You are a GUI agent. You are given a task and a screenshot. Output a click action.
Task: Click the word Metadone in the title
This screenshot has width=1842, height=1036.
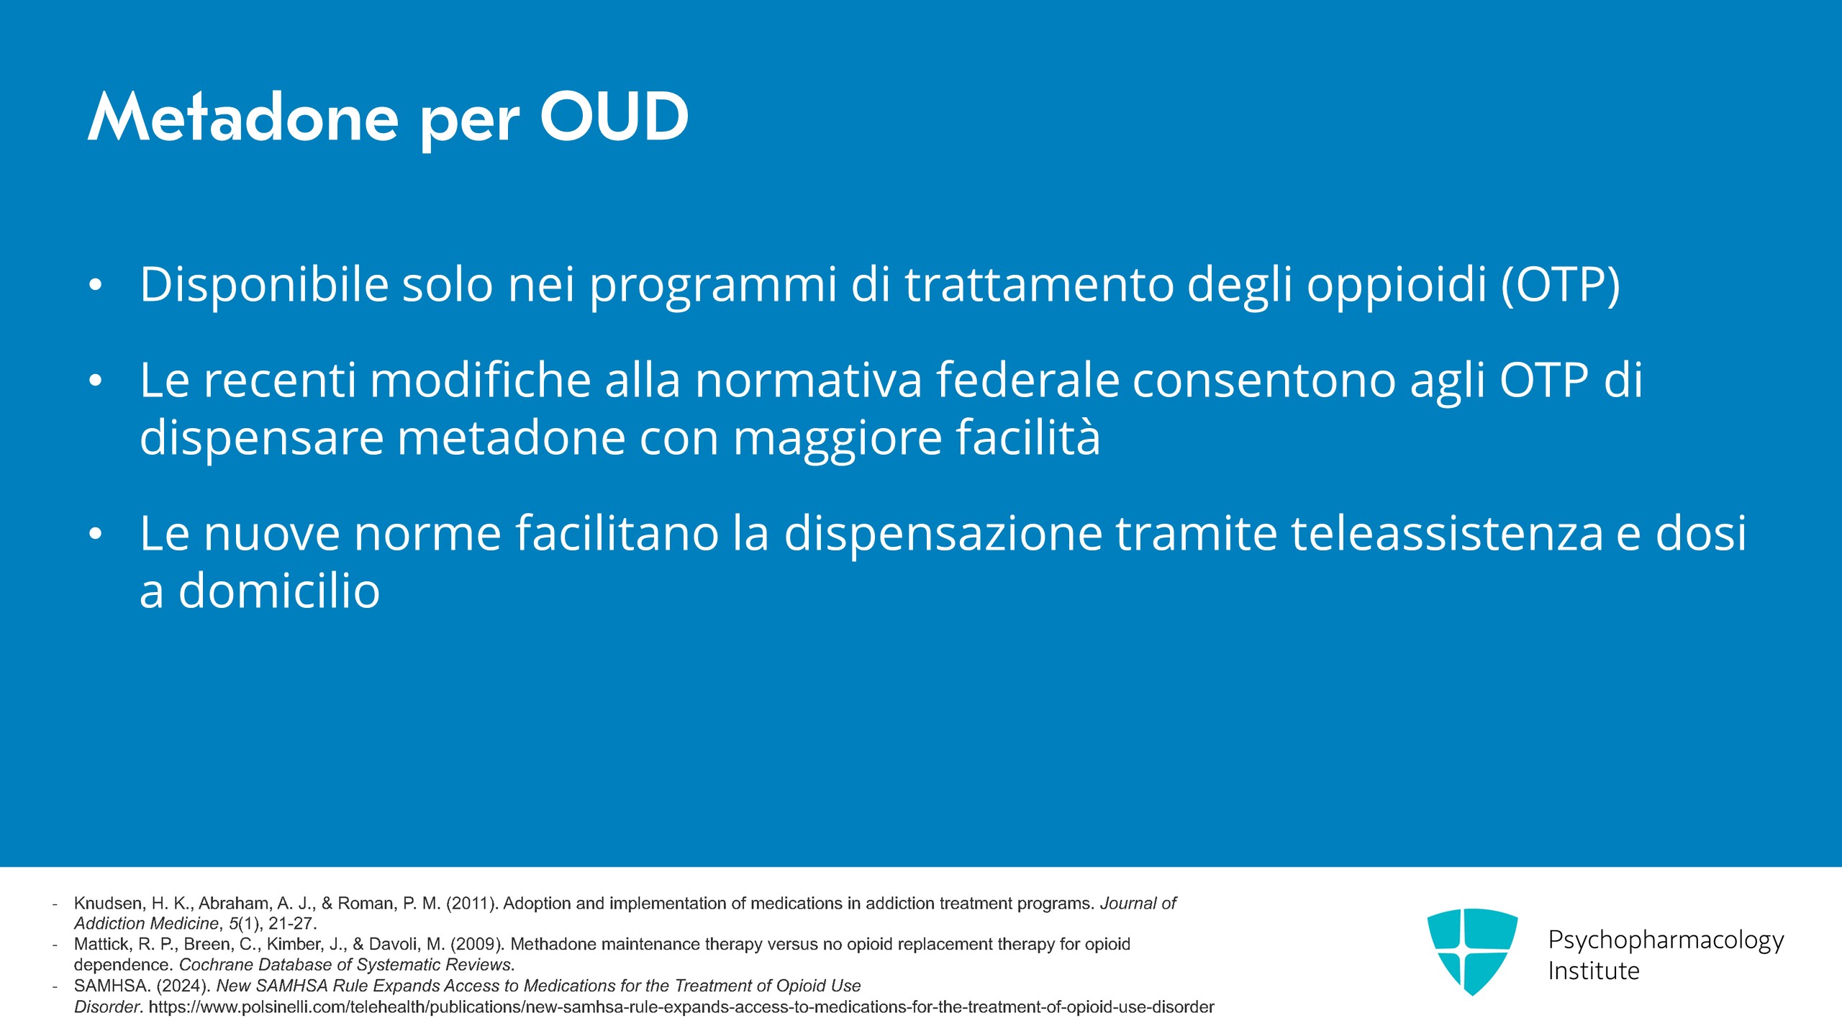[243, 117]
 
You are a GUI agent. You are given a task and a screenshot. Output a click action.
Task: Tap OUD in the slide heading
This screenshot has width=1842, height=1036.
[614, 117]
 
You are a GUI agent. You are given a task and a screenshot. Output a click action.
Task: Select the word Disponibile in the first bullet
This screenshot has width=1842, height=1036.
[264, 286]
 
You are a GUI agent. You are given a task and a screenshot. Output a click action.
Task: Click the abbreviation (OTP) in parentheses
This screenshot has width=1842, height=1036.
[1560, 286]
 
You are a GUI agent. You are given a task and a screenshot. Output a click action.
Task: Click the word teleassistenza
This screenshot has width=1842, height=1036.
[1447, 534]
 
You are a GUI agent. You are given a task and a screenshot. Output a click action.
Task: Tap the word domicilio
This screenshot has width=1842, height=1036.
[278, 591]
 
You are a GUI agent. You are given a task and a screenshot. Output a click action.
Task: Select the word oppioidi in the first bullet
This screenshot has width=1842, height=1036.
[1397, 286]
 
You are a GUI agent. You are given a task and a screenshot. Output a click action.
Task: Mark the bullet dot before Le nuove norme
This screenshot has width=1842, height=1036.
[96, 534]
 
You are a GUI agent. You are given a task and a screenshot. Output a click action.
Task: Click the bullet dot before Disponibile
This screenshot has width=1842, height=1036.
[96, 286]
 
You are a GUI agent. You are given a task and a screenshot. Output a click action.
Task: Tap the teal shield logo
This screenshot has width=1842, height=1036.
[1472, 951]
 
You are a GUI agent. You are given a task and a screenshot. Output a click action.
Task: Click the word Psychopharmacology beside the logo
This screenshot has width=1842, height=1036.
[1666, 940]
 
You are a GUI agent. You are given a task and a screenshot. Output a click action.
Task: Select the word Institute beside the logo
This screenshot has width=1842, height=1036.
[1594, 971]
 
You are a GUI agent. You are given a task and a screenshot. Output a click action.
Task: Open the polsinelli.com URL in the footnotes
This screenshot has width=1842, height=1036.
[681, 1007]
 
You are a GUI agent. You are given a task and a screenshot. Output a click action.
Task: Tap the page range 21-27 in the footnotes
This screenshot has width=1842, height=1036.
[292, 924]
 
